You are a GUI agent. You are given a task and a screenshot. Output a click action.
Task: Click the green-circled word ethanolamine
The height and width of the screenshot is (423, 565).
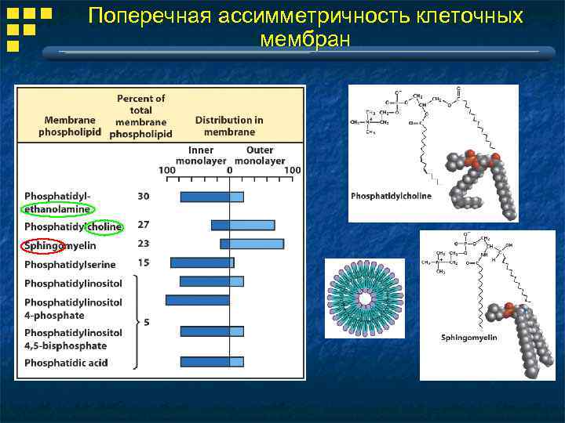pos(57,209)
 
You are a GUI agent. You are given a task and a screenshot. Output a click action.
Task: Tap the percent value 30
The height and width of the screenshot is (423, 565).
pos(144,196)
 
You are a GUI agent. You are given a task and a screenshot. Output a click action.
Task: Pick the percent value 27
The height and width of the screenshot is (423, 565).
pos(144,225)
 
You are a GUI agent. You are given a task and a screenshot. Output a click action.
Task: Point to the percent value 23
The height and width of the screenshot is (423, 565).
pos(144,244)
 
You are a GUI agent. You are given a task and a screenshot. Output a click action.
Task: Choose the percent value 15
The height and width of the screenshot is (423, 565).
pos(144,262)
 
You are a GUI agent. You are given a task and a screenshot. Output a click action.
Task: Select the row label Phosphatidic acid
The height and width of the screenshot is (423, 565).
pos(66,363)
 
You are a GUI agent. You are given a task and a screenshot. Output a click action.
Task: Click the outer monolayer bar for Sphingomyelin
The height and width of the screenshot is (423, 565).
pos(257,244)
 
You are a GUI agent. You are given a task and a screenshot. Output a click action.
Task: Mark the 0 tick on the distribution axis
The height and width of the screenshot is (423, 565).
pos(229,170)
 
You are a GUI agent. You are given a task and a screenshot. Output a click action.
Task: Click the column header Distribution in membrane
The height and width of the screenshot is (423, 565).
pos(229,126)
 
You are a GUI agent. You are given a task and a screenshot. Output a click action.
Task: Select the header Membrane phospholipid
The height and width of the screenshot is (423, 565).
pos(71,126)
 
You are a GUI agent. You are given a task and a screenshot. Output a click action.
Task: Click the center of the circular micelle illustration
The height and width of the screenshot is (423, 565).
pos(365,298)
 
